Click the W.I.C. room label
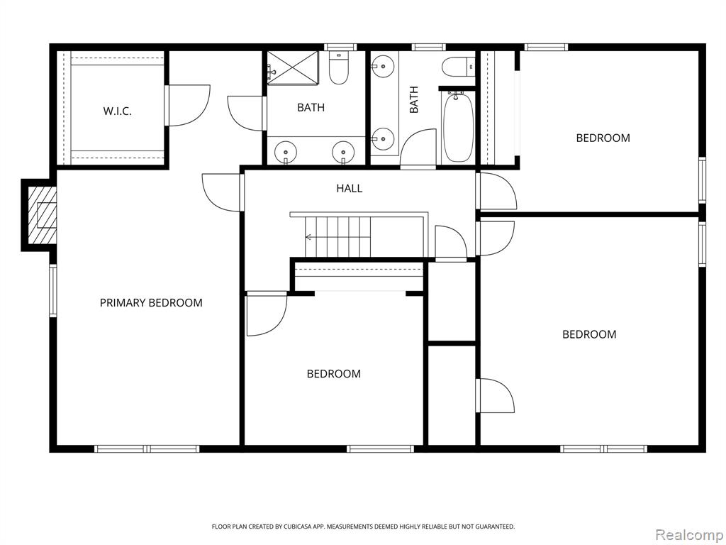[x=117, y=111]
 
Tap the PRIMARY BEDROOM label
[x=152, y=302]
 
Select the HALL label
[x=349, y=188]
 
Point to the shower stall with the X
[x=293, y=68]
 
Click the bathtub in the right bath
[x=458, y=126]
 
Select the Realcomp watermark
[x=689, y=534]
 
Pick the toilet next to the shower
[x=338, y=68]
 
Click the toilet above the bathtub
[x=459, y=67]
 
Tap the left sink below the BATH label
[x=285, y=152]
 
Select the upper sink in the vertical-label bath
[x=382, y=67]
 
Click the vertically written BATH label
[x=413, y=99]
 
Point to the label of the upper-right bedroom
[x=603, y=138]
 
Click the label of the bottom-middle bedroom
[x=334, y=373]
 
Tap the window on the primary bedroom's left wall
[x=52, y=290]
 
